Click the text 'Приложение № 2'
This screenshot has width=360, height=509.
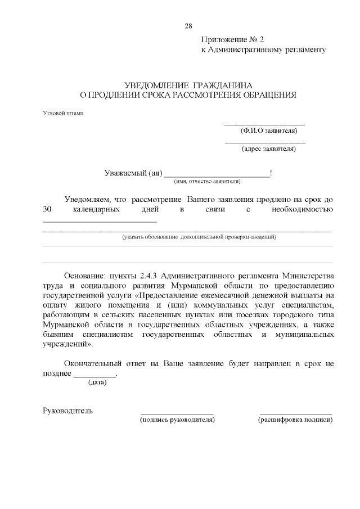pyautogui.click(x=232, y=40)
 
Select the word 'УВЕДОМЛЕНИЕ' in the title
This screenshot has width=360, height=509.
pyautogui.click(x=155, y=84)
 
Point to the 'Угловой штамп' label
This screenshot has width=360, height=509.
pyautogui.click(x=63, y=113)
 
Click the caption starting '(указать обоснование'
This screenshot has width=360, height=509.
pyautogui.click(x=199, y=237)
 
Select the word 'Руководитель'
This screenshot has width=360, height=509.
pyautogui.click(x=68, y=410)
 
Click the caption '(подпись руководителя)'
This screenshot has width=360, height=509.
pyautogui.click(x=177, y=420)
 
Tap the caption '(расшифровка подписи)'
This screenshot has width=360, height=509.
pyautogui.click(x=295, y=420)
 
